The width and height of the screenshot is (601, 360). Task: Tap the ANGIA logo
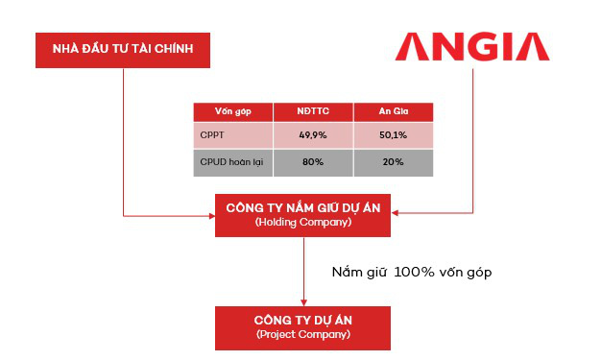point(474,46)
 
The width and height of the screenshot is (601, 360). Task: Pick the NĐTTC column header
point(313,112)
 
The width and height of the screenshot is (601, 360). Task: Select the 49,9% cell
point(313,135)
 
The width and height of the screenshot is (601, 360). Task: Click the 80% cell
point(313,162)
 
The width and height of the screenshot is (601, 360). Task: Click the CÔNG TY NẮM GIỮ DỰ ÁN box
point(303,213)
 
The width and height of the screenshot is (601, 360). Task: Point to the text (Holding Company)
point(303,223)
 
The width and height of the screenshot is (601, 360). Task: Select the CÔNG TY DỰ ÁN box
point(303,327)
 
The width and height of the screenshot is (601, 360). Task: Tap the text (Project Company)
point(303,335)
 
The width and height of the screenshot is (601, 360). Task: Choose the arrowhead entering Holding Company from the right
point(397,213)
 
